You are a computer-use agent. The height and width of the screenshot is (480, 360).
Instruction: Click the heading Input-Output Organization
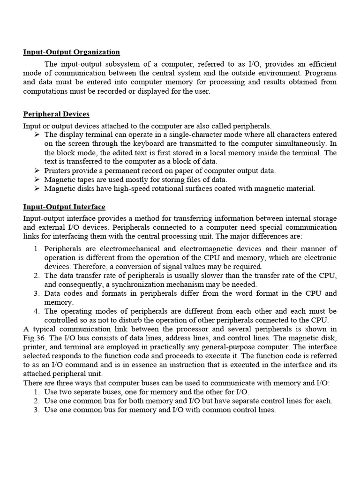[x=72, y=52]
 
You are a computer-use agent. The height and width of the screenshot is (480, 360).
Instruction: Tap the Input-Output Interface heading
[x=64, y=207]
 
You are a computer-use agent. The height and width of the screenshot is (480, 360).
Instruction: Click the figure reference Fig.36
[x=34, y=338]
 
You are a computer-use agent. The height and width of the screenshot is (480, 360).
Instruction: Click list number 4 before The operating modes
[x=37, y=311]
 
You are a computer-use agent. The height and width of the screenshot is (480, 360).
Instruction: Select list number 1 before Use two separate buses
[x=37, y=392]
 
